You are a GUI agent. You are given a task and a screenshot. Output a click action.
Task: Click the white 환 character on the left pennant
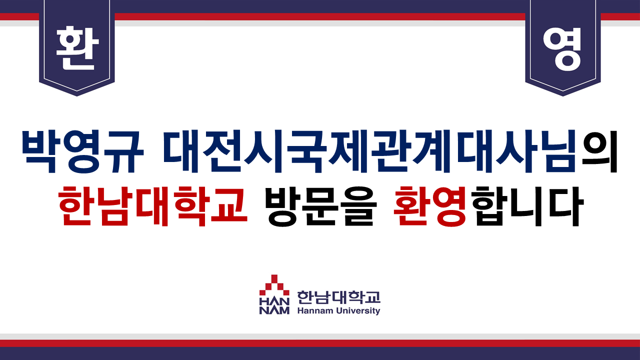click(x=77, y=48)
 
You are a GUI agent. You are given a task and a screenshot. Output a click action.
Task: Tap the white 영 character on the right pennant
click(x=562, y=49)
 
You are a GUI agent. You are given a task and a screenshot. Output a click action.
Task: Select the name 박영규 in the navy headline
click(x=82, y=151)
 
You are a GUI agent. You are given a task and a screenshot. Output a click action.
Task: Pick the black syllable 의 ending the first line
click(x=599, y=151)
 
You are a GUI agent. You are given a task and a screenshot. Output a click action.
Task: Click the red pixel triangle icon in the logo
click(x=274, y=285)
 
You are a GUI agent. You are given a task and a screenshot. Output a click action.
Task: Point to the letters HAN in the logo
click(x=274, y=301)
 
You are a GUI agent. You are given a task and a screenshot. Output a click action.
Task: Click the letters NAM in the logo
click(x=274, y=310)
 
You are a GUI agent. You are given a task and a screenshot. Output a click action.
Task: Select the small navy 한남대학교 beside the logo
click(x=339, y=297)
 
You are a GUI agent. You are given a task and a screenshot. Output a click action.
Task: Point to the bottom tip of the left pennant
click(x=77, y=96)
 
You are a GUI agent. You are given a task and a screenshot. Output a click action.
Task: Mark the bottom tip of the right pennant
click(x=563, y=96)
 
